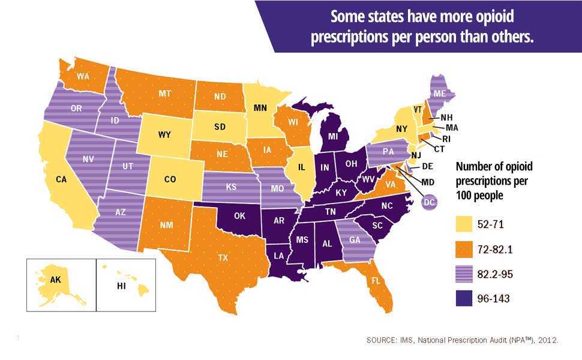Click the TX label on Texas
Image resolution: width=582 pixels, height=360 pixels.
coord(223,257)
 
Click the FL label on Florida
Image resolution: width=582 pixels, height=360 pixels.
coord(376,280)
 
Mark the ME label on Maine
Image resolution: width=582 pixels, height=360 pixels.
coord(440,94)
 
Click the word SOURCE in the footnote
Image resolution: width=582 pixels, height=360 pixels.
coord(382,340)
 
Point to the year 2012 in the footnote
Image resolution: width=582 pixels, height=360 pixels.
coord(548,340)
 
